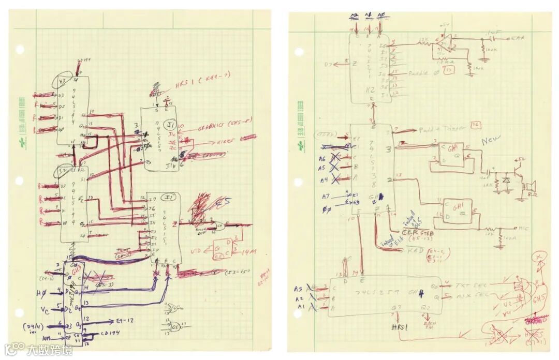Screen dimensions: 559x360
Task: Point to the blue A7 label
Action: coord(325,196)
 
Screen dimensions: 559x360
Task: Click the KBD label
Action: coord(415,250)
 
